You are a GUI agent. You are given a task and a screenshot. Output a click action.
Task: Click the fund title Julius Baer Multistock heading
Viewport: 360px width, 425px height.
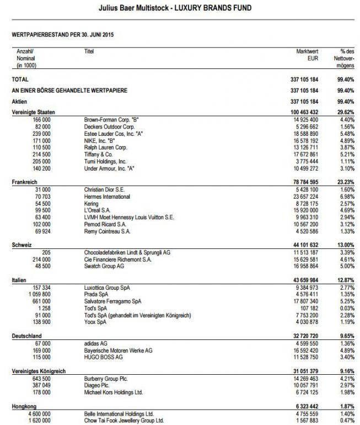tap(179, 9)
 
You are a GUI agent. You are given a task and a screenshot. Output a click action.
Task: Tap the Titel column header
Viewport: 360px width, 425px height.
tap(89, 50)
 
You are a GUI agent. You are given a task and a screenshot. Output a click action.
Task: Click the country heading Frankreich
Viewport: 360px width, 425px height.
tap(25, 182)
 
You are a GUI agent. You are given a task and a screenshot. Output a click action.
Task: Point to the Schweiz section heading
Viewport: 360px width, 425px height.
tap(22, 245)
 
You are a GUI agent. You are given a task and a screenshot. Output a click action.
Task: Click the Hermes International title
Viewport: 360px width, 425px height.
tap(107, 196)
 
